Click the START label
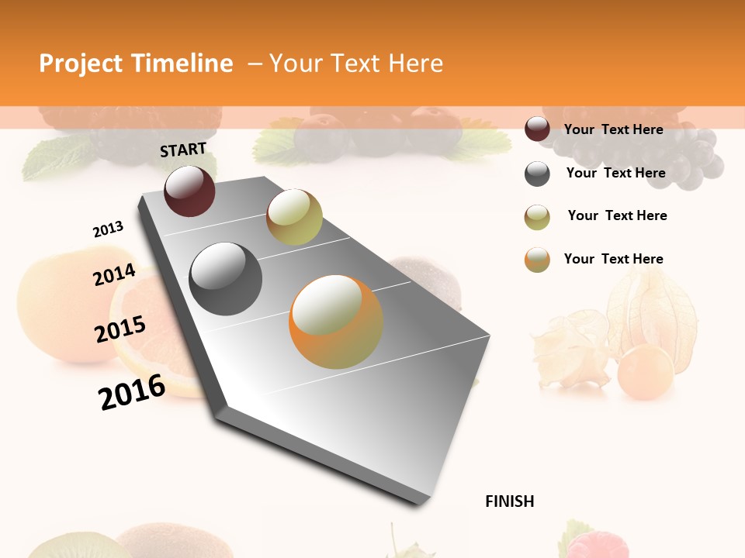[x=183, y=150]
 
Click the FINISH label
[x=509, y=501]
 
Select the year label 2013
[x=108, y=229]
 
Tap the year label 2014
[x=114, y=275]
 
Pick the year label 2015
[x=120, y=329]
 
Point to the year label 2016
[x=132, y=391]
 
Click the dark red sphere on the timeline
[x=189, y=191]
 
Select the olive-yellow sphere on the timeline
[x=294, y=217]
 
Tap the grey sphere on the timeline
[x=226, y=279]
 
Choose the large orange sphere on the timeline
[x=336, y=322]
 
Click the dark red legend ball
[x=537, y=129]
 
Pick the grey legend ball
[x=537, y=174]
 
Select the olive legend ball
[x=537, y=217]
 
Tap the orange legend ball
[x=537, y=260]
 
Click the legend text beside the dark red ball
[x=613, y=129]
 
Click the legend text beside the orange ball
[x=613, y=259]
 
